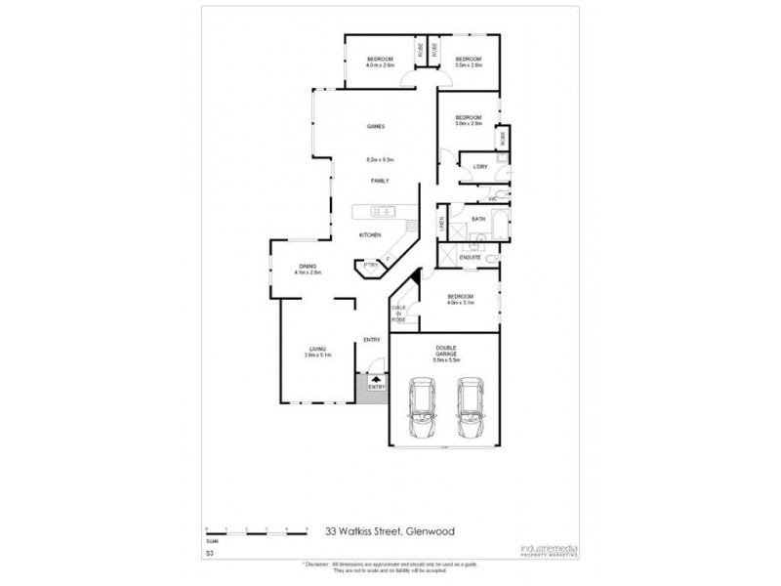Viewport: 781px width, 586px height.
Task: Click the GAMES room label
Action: [375, 127]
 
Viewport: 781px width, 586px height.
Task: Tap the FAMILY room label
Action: [380, 182]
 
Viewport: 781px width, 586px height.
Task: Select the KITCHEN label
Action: [369, 235]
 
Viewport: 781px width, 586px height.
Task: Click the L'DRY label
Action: [478, 167]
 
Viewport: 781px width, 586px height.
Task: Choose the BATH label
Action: [478, 220]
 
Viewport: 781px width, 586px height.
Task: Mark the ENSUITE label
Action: [483, 257]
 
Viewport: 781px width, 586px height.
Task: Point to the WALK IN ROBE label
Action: [398, 314]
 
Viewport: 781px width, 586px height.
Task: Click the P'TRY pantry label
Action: [370, 265]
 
